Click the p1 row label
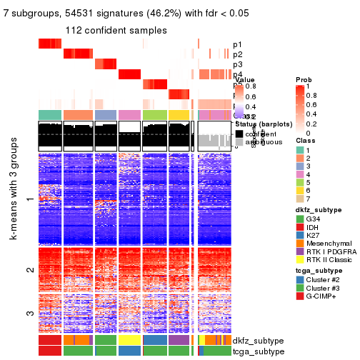[x=237, y=44]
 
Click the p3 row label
[x=237, y=64]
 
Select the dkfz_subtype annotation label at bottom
[x=253, y=341]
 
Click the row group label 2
[x=29, y=269]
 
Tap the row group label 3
[x=29, y=313]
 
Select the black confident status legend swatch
[x=239, y=133]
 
